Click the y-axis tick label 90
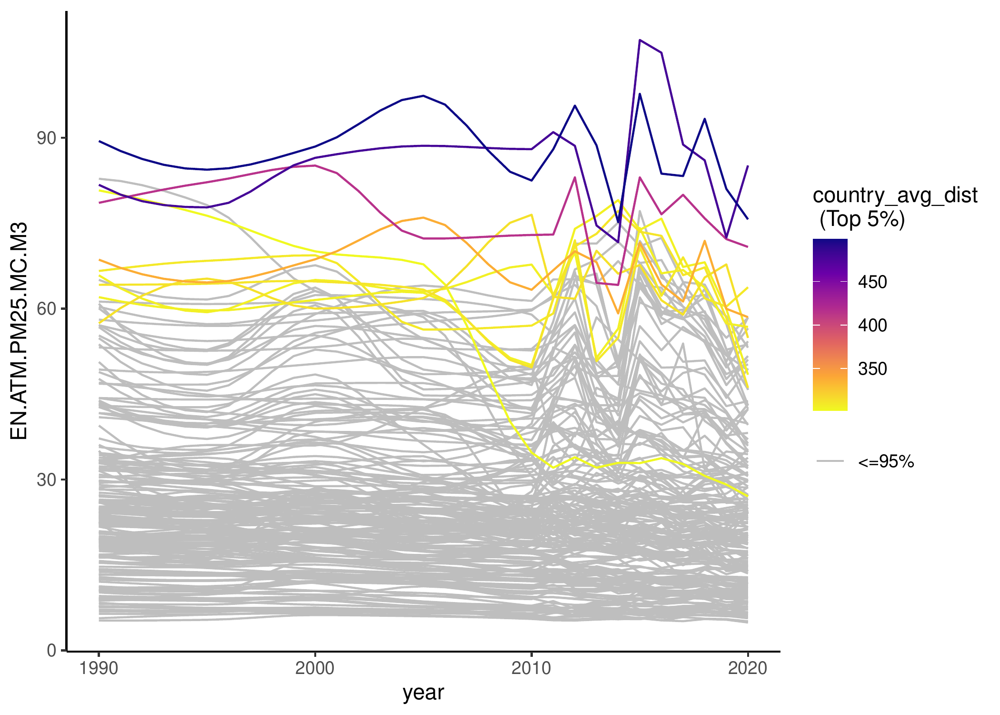[46, 138]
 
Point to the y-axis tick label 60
[46, 309]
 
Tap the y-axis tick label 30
[46, 480]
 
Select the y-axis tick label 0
[51, 650]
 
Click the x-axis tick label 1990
[99, 668]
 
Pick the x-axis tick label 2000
[315, 668]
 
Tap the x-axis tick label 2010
[531, 668]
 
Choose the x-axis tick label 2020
[747, 668]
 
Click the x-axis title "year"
[423, 692]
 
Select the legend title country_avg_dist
[895, 195]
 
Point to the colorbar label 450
[872, 282]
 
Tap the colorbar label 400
[872, 326]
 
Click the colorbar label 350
[872, 369]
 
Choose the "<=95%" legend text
[886, 461]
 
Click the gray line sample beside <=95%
[830, 461]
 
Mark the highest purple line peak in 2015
[640, 40]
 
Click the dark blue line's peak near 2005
[423, 96]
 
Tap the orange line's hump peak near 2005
[423, 217]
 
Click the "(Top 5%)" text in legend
[862, 219]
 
